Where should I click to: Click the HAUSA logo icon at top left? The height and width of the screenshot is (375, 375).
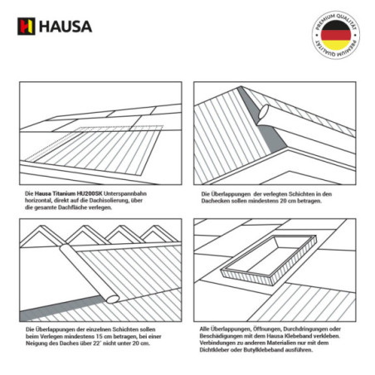[25, 25]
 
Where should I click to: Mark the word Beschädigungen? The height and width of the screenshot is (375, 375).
[221, 337]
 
